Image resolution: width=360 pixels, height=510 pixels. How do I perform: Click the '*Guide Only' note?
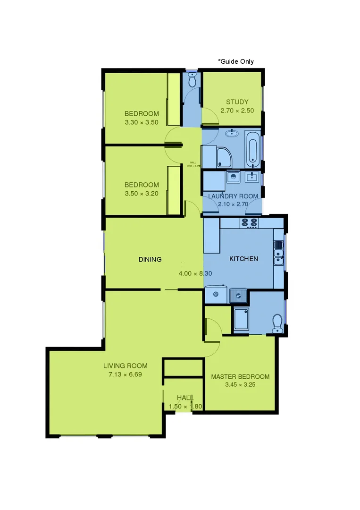[x=235, y=61]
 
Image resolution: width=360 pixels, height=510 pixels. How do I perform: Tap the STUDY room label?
[x=237, y=102]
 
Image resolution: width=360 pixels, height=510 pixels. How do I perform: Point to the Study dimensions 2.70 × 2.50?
[x=237, y=111]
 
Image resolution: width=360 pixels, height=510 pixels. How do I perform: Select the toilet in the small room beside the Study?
[x=192, y=81]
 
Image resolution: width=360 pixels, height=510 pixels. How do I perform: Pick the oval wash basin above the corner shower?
[x=232, y=134]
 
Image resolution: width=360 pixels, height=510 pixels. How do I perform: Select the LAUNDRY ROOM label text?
[x=233, y=196]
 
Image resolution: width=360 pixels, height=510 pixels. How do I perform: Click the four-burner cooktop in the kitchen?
[x=249, y=223]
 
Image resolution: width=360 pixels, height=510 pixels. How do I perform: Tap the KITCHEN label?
[x=243, y=259]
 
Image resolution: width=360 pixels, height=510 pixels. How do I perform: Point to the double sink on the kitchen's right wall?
[x=278, y=252]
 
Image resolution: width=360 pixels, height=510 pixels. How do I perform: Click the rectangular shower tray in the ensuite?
[x=241, y=319]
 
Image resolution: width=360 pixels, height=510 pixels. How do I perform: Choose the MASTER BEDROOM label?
[x=240, y=377]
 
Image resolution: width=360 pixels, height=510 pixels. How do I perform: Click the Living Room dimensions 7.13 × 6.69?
[x=125, y=374]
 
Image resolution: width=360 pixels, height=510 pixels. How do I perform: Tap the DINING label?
[x=150, y=259]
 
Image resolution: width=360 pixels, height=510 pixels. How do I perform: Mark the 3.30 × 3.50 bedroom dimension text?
[x=142, y=122]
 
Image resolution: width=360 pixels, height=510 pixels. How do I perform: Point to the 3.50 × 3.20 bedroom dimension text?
[x=142, y=194]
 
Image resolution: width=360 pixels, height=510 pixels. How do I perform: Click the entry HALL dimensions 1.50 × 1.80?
[x=185, y=407]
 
